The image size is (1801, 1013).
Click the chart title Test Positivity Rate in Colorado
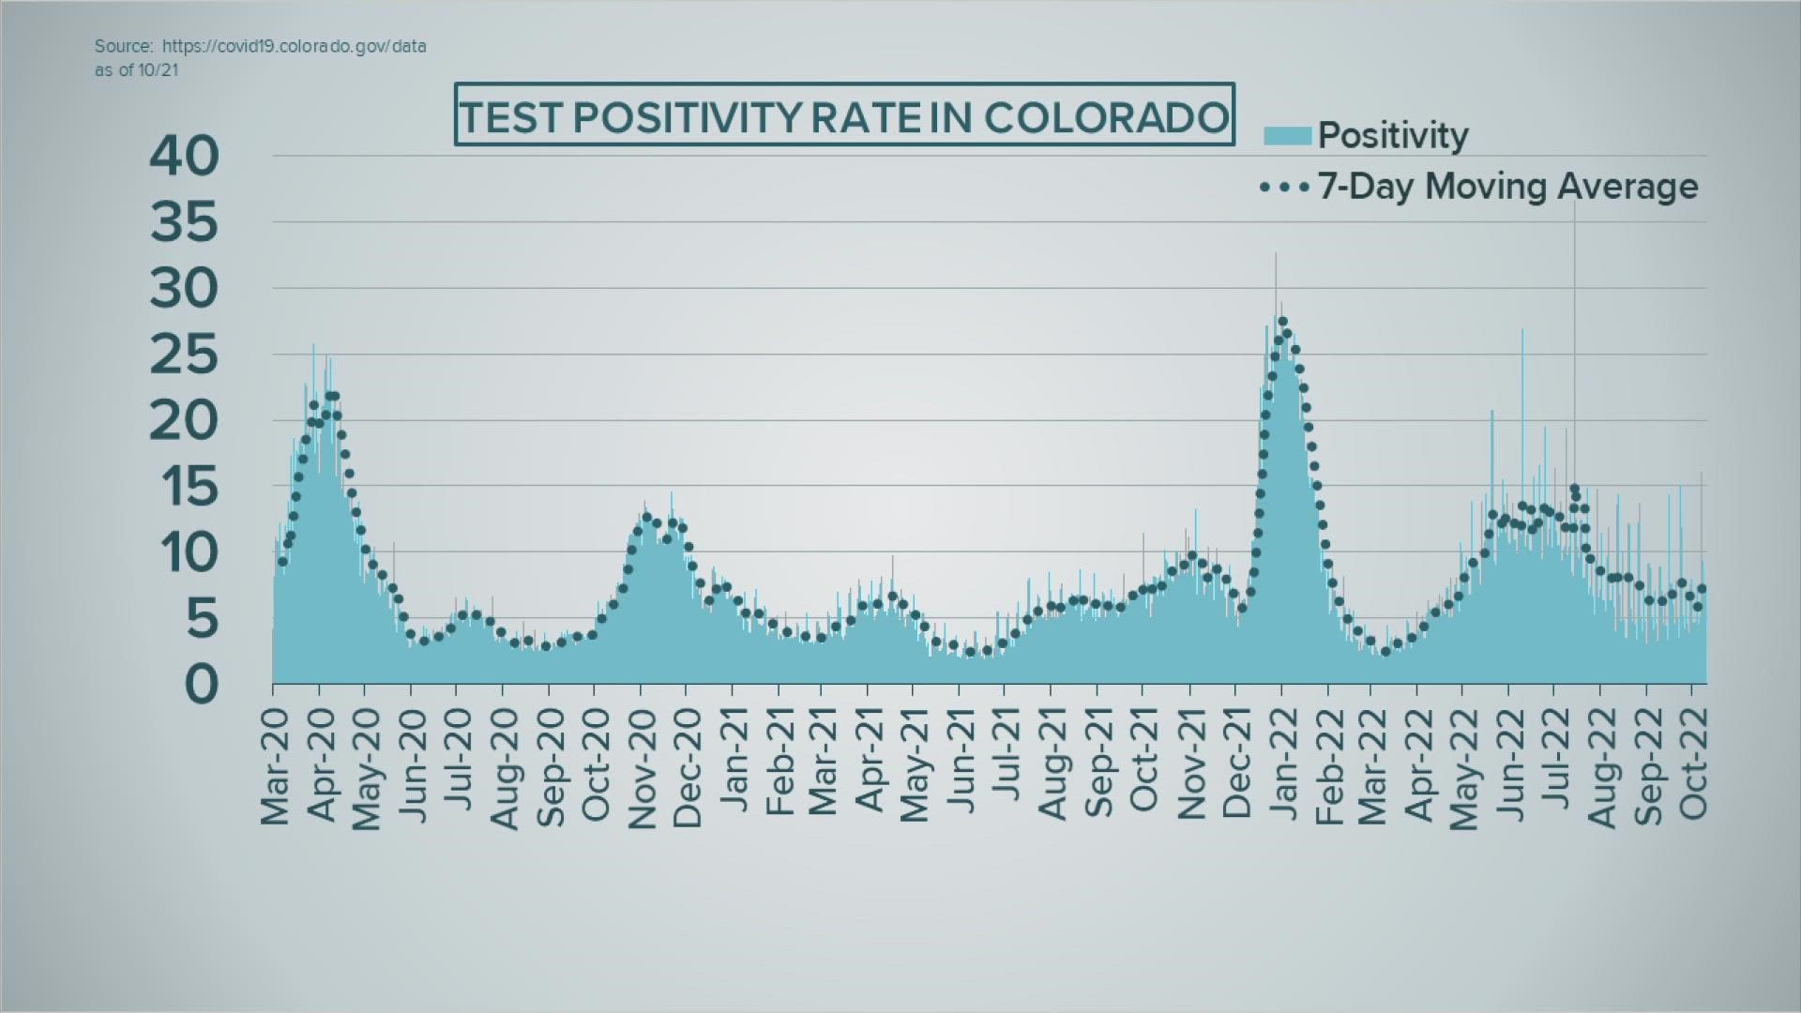point(844,116)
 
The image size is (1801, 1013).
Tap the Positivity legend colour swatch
point(1287,136)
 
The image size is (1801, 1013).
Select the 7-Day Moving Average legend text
point(1507,186)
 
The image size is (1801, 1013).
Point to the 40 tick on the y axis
point(184,156)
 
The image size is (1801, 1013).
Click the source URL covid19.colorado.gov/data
point(294,46)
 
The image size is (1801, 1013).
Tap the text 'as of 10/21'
point(136,69)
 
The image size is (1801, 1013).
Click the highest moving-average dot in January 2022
point(1282,322)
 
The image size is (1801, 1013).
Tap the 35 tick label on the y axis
point(184,222)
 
